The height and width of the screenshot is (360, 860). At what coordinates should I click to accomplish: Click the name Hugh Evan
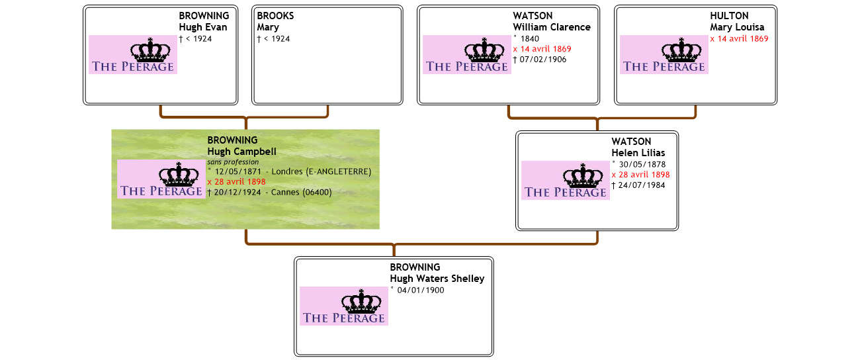click(202, 27)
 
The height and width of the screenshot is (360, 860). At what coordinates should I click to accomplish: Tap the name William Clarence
click(552, 27)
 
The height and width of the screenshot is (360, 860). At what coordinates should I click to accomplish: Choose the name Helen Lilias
click(638, 153)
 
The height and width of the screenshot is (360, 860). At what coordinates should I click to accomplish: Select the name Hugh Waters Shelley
click(437, 279)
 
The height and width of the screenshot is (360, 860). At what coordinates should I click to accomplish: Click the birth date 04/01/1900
click(419, 290)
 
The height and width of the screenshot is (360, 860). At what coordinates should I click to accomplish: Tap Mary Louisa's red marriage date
click(739, 38)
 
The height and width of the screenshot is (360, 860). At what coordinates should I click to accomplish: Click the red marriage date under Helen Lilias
click(640, 175)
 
